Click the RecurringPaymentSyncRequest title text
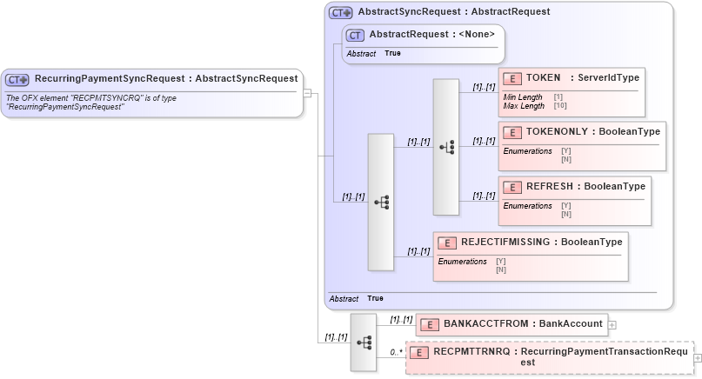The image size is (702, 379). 165,78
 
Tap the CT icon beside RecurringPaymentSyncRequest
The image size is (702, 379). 17,79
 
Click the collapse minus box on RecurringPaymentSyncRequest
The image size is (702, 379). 307,92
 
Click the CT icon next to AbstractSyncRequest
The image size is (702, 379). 340,13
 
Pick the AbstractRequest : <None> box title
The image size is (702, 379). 431,34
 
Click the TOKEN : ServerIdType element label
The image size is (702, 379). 582,77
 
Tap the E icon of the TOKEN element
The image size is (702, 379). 513,78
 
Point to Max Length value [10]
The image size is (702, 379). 560,106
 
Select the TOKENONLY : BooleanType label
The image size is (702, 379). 592,132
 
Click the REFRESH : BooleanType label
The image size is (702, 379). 585,186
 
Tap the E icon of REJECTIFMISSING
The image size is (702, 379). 448,243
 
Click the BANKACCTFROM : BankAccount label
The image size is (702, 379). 523,323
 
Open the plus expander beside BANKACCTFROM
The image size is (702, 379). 612,324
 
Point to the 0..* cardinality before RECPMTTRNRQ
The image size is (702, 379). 396,352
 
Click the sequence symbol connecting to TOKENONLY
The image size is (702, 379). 446,148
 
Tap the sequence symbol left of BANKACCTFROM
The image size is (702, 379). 364,342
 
